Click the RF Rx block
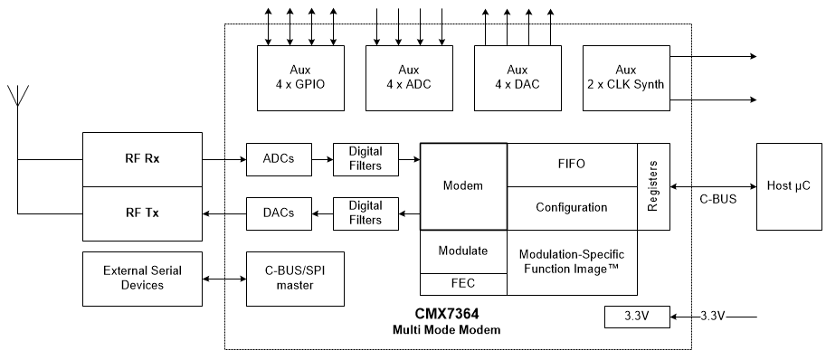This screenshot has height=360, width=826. pos(141,158)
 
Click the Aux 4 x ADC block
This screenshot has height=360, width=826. pos(408,77)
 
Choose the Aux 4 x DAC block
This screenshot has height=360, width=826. pos(517,77)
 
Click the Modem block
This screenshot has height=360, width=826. pos(463,185)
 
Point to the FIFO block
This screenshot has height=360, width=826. pos(572,165)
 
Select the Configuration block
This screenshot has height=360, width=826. pos(572,208)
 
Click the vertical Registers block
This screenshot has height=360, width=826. pos(653,186)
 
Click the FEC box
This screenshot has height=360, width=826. pos(463,284)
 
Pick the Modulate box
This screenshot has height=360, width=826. pos(463,251)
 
